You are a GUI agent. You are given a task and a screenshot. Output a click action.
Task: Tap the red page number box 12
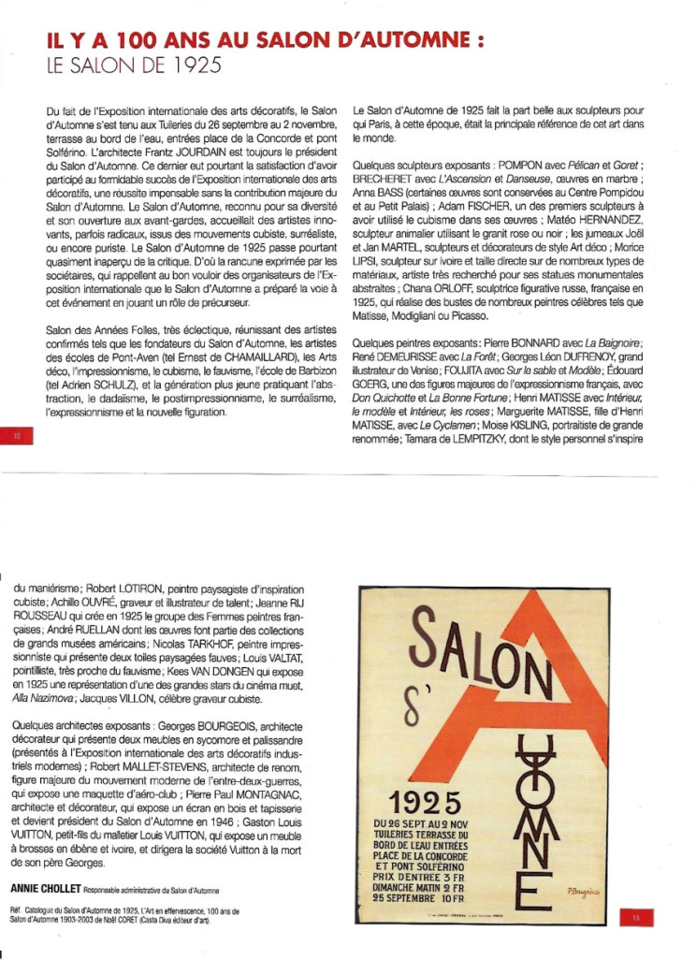click(18, 435)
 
